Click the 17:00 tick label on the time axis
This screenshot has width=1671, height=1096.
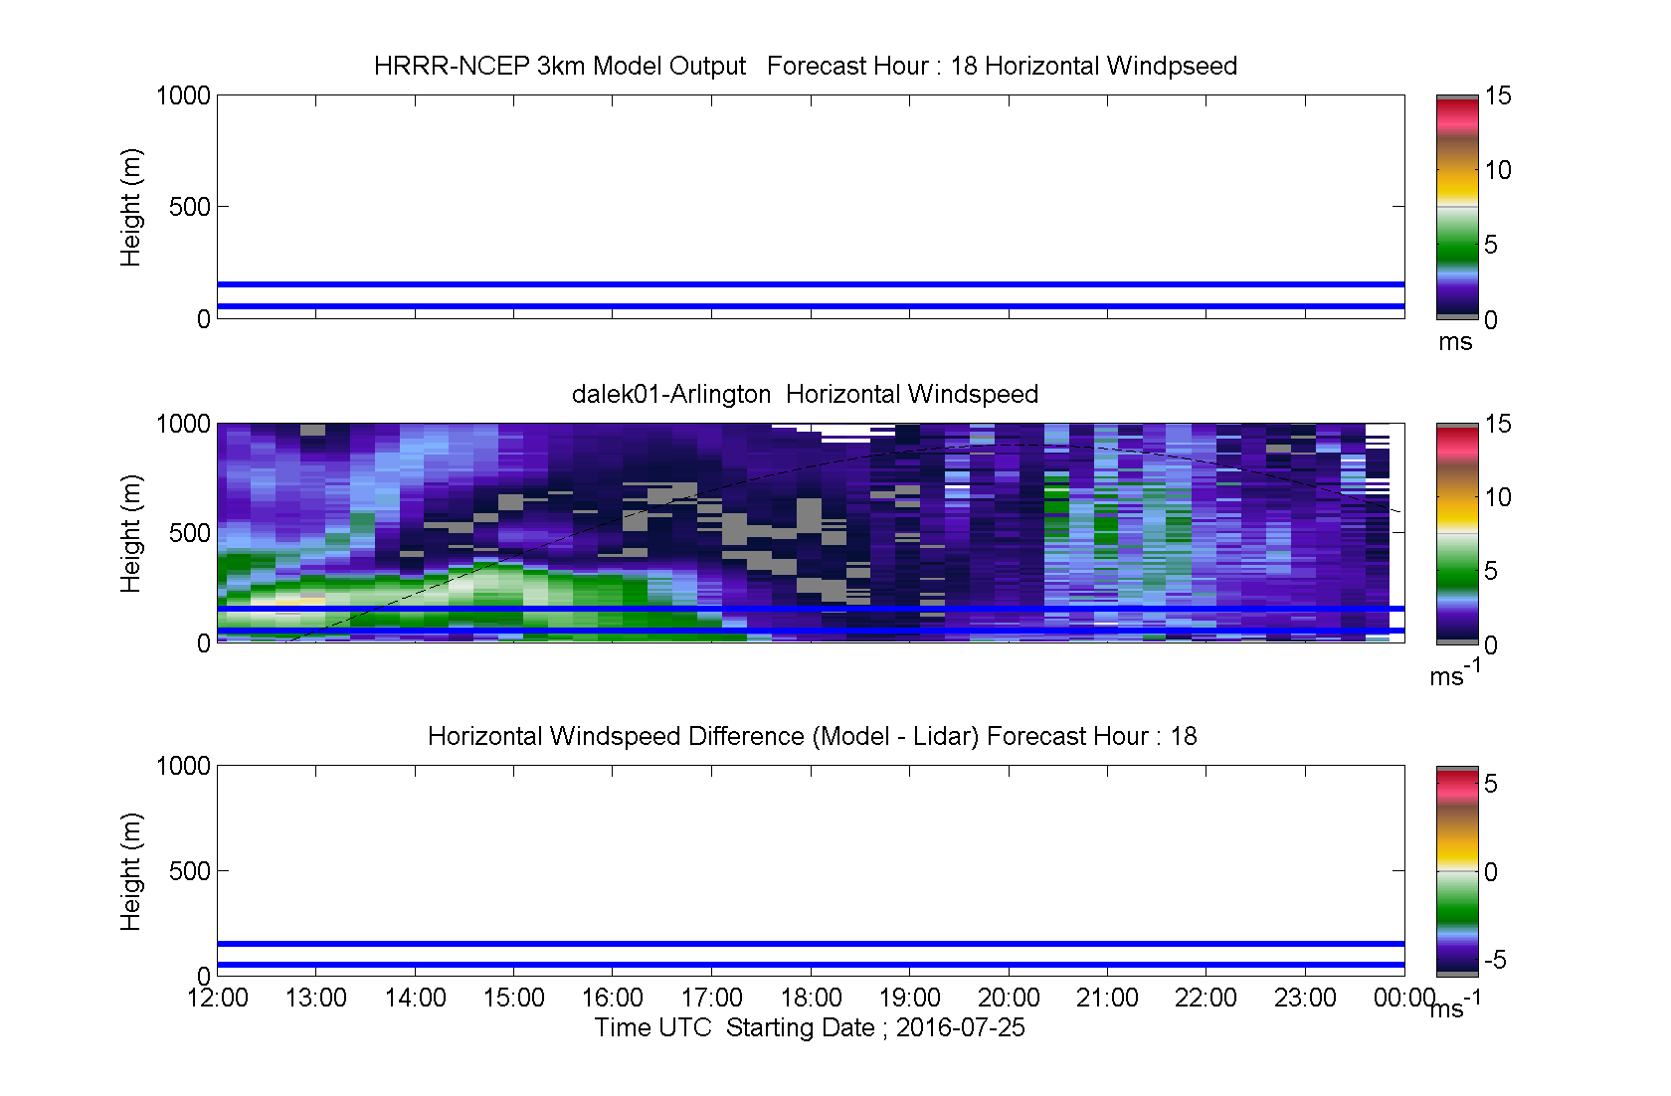click(x=712, y=998)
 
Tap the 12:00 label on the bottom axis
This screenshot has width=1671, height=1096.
click(x=217, y=998)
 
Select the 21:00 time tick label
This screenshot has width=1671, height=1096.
click(x=1107, y=998)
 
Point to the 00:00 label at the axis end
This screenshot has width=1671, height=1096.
click(x=1404, y=998)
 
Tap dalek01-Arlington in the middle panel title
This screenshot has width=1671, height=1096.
click(x=670, y=394)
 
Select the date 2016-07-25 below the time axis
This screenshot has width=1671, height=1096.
click(x=960, y=1027)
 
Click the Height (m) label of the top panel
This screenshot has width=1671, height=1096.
click(x=130, y=208)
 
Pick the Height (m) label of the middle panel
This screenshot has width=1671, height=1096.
click(x=130, y=533)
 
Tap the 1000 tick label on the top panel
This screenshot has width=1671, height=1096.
click(x=183, y=95)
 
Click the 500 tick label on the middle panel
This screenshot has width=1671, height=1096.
click(x=189, y=533)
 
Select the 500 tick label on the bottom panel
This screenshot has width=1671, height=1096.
click(x=189, y=870)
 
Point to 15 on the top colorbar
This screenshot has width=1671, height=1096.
click(x=1497, y=95)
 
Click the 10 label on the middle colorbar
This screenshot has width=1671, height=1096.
click(x=1497, y=497)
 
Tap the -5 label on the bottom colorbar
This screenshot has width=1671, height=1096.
click(x=1495, y=960)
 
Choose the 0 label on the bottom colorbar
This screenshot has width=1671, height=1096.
click(x=1490, y=871)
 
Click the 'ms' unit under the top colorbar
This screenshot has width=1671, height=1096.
click(x=1455, y=342)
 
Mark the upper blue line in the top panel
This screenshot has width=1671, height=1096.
click(x=811, y=284)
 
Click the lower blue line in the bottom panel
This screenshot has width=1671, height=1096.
click(x=811, y=965)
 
